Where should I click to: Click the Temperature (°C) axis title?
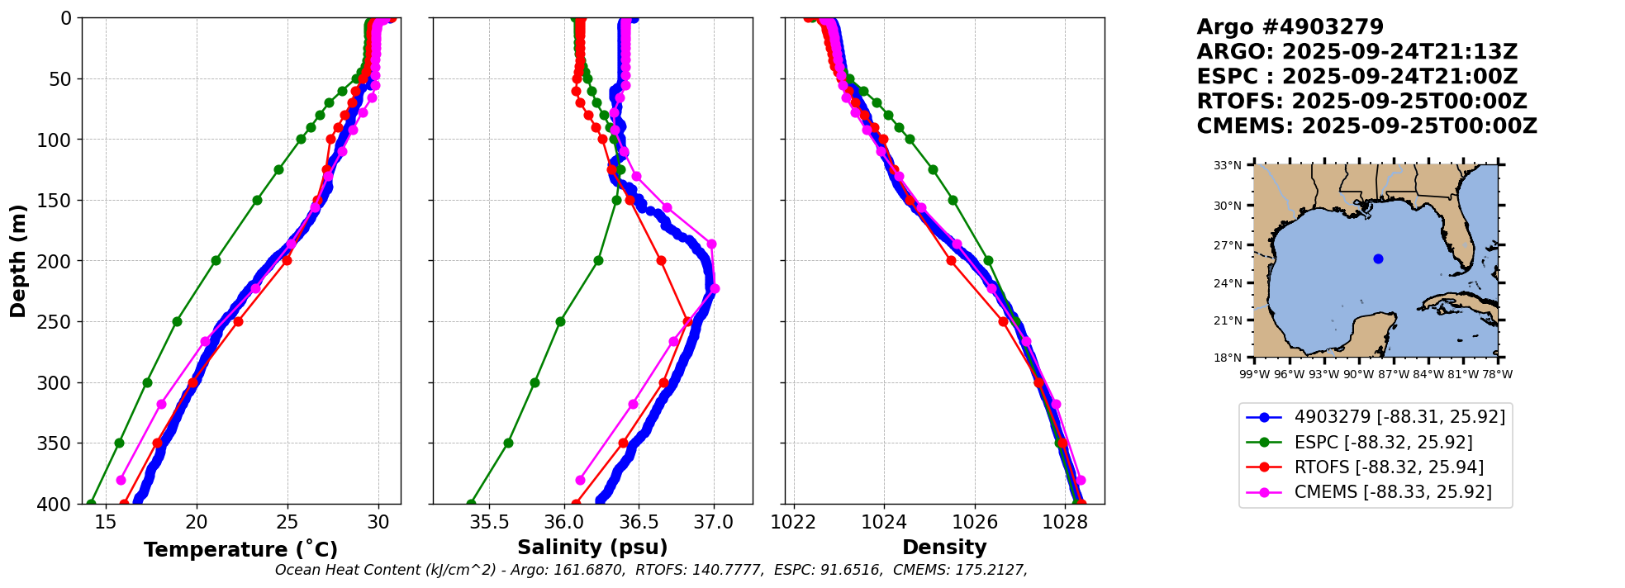[240, 550]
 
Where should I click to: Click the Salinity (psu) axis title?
[592, 548]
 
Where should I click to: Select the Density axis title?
[944, 548]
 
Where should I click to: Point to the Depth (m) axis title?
[18, 260]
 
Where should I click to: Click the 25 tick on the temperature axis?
[287, 522]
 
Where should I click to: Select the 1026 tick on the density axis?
[975, 522]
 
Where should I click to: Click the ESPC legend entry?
[1383, 443]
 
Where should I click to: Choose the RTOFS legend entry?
[1389, 467]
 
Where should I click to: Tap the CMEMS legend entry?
[1393, 492]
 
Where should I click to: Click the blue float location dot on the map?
[1378, 258]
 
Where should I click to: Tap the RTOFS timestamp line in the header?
[1361, 102]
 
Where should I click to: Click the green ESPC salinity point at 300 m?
[535, 382]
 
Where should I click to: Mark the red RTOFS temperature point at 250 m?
[238, 321]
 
